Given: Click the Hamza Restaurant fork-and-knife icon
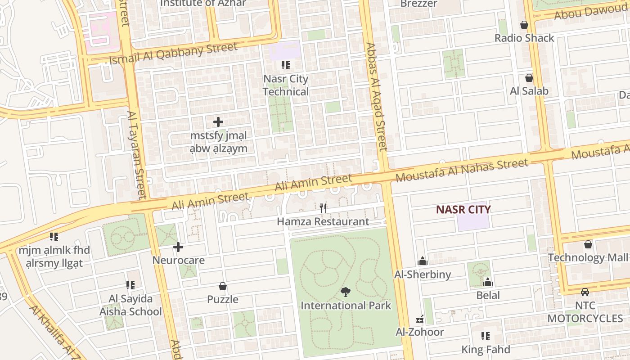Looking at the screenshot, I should pyautogui.click(x=323, y=208).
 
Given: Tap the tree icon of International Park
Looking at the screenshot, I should pyautogui.click(x=345, y=292).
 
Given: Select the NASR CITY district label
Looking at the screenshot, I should pyautogui.click(x=463, y=209).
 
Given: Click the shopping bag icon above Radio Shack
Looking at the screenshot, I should pyautogui.click(x=524, y=25).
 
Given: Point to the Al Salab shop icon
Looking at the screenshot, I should pyautogui.click(x=529, y=78).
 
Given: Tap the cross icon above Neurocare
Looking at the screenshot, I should pyautogui.click(x=178, y=247).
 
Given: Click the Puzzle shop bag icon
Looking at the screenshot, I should pyautogui.click(x=222, y=286).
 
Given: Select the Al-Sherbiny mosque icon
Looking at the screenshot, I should pyautogui.click(x=423, y=261).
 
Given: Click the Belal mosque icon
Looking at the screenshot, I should pyautogui.click(x=488, y=282).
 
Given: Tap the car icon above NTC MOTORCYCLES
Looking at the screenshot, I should pyautogui.click(x=585, y=292).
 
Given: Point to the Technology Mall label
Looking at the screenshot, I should pyautogui.click(x=587, y=258).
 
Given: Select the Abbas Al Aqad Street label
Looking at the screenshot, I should pyautogui.click(x=376, y=97).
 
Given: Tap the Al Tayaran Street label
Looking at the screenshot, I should pyautogui.click(x=135, y=155).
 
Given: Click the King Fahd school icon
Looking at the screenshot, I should pyautogui.click(x=485, y=336).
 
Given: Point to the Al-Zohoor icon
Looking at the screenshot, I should pyautogui.click(x=420, y=319).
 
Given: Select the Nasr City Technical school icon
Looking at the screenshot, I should pyautogui.click(x=285, y=66).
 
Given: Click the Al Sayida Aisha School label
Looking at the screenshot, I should pyautogui.click(x=130, y=305).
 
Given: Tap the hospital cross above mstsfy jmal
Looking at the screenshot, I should pyautogui.click(x=218, y=122).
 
